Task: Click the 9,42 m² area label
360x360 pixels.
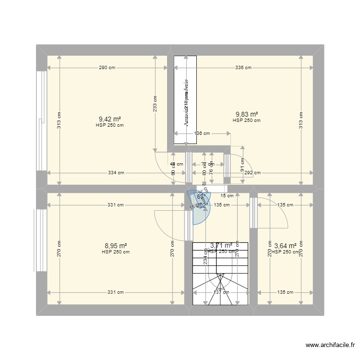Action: pos(109,120)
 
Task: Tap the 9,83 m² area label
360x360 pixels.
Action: pos(246,114)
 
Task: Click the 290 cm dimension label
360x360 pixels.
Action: pos(107,68)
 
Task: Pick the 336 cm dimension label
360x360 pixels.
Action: pos(243,68)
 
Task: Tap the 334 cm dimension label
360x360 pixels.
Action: pos(116,173)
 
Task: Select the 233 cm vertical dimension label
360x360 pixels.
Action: pos(155,104)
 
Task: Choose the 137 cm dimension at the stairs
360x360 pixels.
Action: pos(220,292)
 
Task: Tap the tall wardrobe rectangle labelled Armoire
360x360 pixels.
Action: pos(185,99)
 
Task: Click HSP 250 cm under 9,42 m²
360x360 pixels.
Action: pos(109,126)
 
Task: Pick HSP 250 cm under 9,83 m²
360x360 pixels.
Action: pos(246,120)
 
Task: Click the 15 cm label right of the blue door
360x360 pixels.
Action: pos(227,195)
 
